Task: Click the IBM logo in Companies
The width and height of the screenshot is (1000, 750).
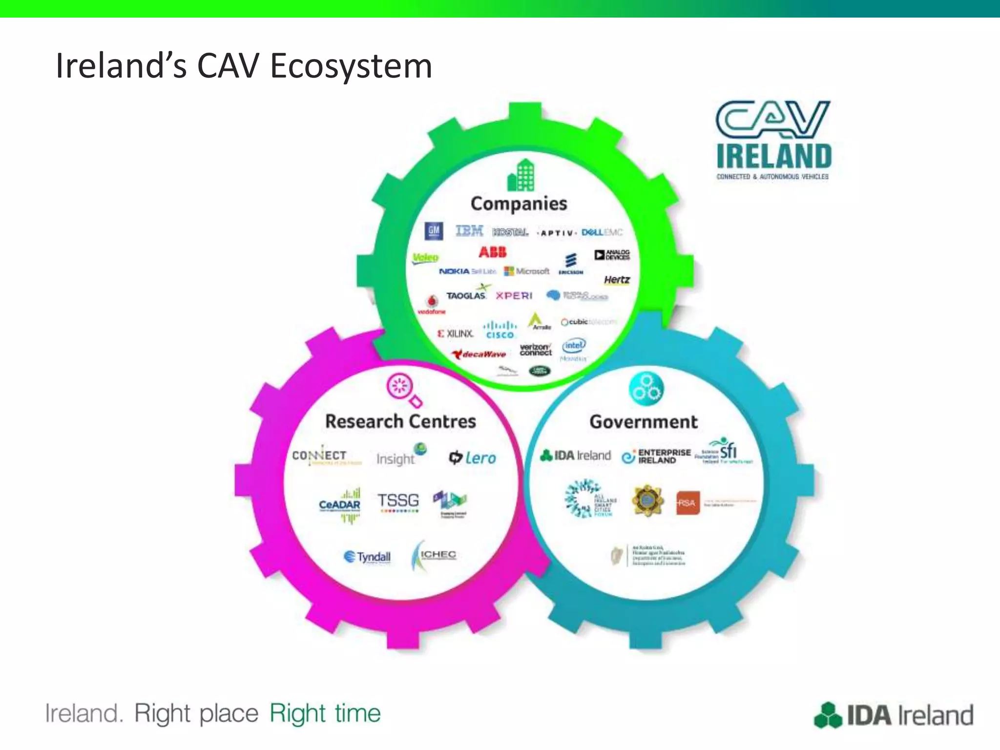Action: click(x=469, y=230)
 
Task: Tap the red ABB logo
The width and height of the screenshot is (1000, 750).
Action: click(x=492, y=252)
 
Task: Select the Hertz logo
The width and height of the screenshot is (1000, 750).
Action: click(x=617, y=280)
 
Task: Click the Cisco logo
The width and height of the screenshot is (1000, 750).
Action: click(x=500, y=330)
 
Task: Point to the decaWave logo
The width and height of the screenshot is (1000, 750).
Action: click(x=479, y=354)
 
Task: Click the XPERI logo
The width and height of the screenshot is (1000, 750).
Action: click(x=514, y=296)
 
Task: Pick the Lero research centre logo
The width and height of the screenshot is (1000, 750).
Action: click(x=472, y=458)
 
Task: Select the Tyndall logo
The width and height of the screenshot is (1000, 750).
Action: click(x=367, y=557)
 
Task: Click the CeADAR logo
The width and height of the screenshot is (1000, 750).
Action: click(x=340, y=505)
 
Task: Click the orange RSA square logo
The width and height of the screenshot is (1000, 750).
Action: click(x=687, y=503)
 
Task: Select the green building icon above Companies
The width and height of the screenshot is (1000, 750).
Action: click(x=521, y=175)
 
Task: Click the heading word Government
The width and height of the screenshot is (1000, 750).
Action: click(x=644, y=422)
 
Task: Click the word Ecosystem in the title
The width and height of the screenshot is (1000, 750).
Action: click(x=351, y=66)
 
